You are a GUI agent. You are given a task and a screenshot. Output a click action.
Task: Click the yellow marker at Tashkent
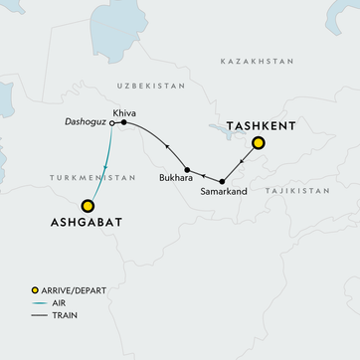pyautogui.click(x=259, y=143)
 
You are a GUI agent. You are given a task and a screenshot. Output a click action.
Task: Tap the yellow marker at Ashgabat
pyautogui.click(x=88, y=206)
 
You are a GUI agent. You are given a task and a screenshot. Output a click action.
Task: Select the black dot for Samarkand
pyautogui.click(x=222, y=181)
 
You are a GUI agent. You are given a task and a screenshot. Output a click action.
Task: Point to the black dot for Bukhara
pyautogui.click(x=187, y=170)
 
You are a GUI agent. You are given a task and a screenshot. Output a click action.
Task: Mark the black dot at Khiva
pyautogui.click(x=123, y=123)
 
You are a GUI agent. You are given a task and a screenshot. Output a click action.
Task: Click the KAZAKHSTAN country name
pyautogui.click(x=258, y=62)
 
